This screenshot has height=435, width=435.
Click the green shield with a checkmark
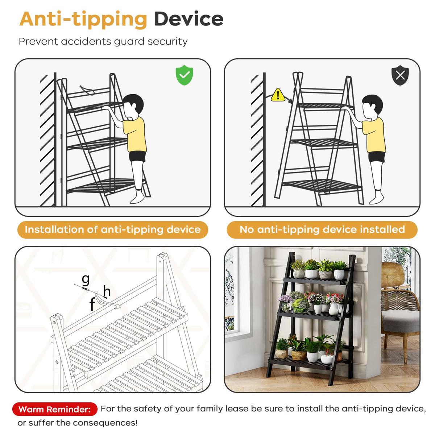184,75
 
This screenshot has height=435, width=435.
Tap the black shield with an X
400,75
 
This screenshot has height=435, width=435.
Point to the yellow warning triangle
278,95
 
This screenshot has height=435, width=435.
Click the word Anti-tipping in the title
83,20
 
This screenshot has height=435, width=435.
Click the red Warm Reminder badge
55,409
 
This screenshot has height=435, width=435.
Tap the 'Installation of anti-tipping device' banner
113,229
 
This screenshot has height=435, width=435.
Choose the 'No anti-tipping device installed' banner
322,229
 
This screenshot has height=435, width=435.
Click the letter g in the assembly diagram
86,280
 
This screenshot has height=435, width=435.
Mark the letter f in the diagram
92,304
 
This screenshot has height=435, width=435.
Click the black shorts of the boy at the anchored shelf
137,156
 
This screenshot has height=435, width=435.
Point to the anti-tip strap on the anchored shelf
87,90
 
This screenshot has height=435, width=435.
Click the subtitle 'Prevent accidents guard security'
103,42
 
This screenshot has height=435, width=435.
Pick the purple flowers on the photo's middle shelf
285,299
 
